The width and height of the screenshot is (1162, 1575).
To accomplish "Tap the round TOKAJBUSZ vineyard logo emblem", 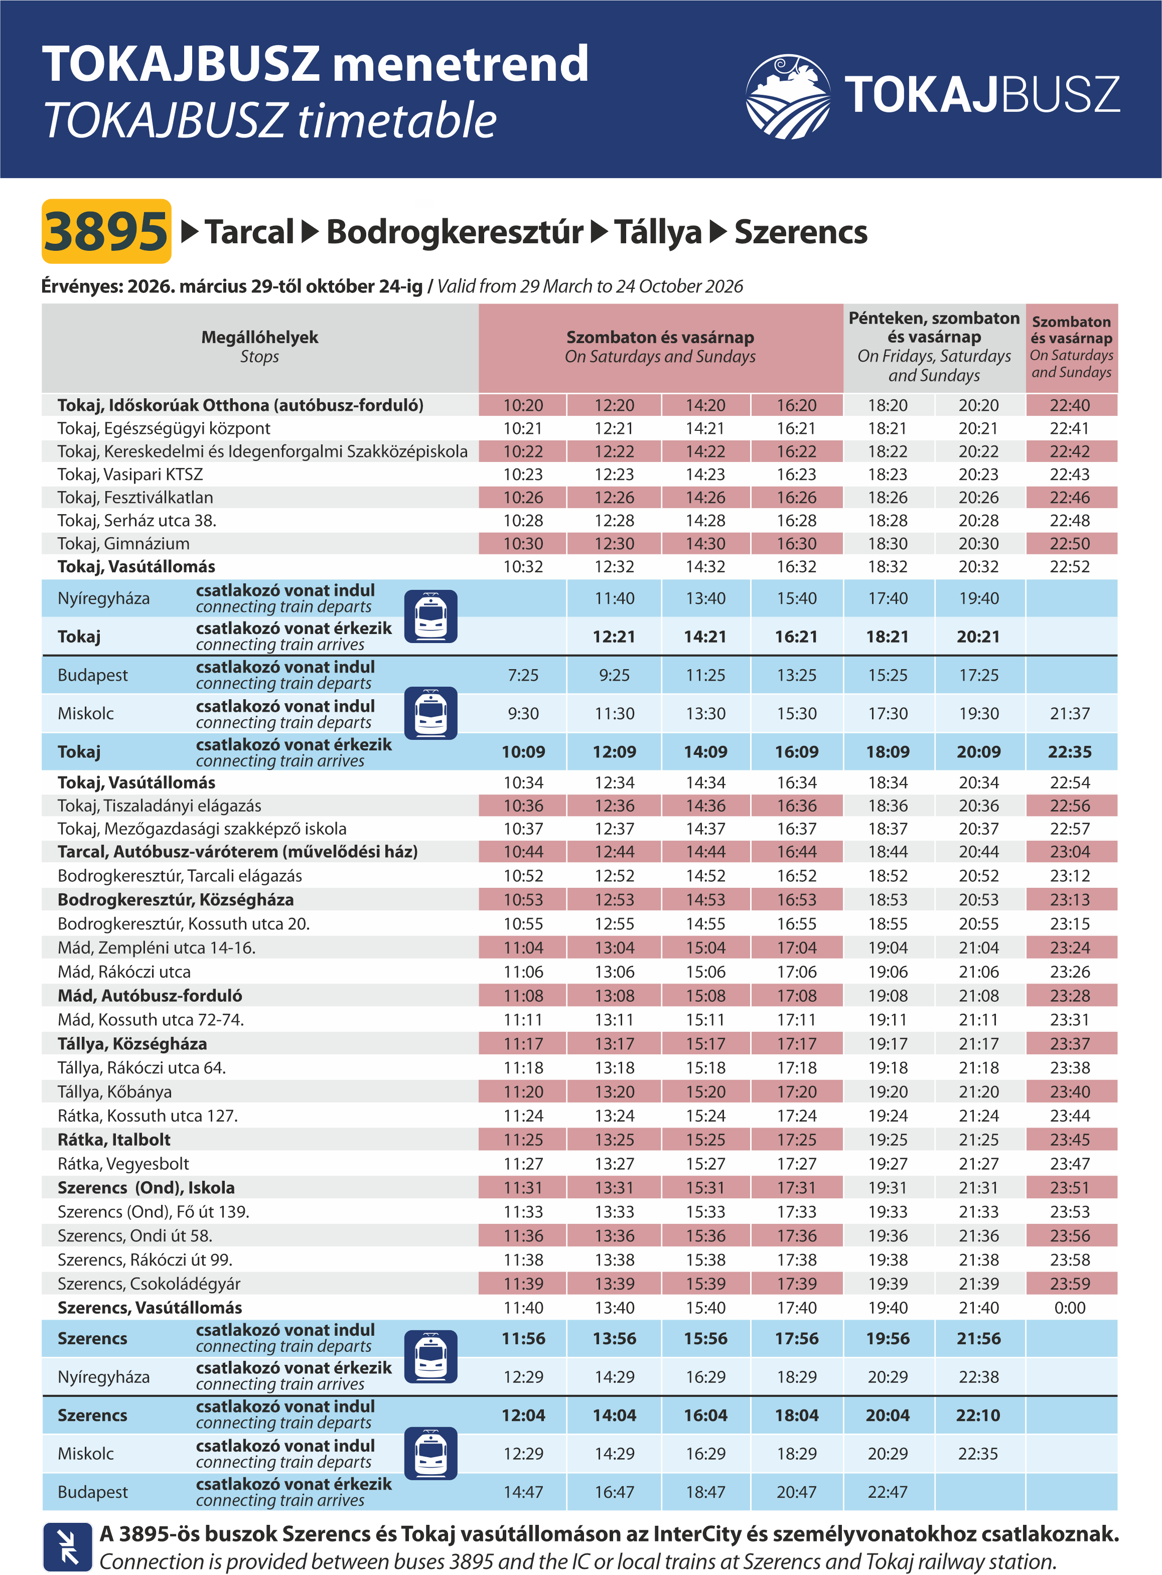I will coord(788,96).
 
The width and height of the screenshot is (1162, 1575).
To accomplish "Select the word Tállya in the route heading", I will coord(658,232).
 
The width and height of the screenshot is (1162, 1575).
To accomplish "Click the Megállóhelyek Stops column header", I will coord(259,347).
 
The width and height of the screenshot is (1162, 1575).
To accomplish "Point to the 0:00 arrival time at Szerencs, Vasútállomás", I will coord(1069,1308).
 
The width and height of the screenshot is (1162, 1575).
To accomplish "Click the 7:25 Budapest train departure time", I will coord(523,675).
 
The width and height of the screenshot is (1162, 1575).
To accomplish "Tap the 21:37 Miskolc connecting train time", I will coord(1069,714).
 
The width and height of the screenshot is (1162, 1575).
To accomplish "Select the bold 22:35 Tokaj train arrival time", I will coord(1069,752).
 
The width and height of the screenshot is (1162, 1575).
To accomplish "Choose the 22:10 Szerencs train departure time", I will coord(978,1415).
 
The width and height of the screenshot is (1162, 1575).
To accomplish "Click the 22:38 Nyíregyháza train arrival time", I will coord(978,1377).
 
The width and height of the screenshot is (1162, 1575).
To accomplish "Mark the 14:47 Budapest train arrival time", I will coord(523,1492).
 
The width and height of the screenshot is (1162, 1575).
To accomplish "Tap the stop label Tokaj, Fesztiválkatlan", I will coord(135,497).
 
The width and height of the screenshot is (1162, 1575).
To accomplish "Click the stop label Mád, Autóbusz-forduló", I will coord(150,996).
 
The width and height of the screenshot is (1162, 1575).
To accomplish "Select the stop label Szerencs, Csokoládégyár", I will coord(149,1284).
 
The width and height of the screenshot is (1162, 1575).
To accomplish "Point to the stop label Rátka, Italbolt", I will coord(114,1140).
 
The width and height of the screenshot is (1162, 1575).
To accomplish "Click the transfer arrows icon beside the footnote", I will coord(68,1546).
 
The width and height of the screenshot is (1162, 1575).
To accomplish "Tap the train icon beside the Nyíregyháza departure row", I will coord(430,616).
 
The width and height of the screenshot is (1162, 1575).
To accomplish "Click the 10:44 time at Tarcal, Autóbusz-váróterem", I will coord(523,852).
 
